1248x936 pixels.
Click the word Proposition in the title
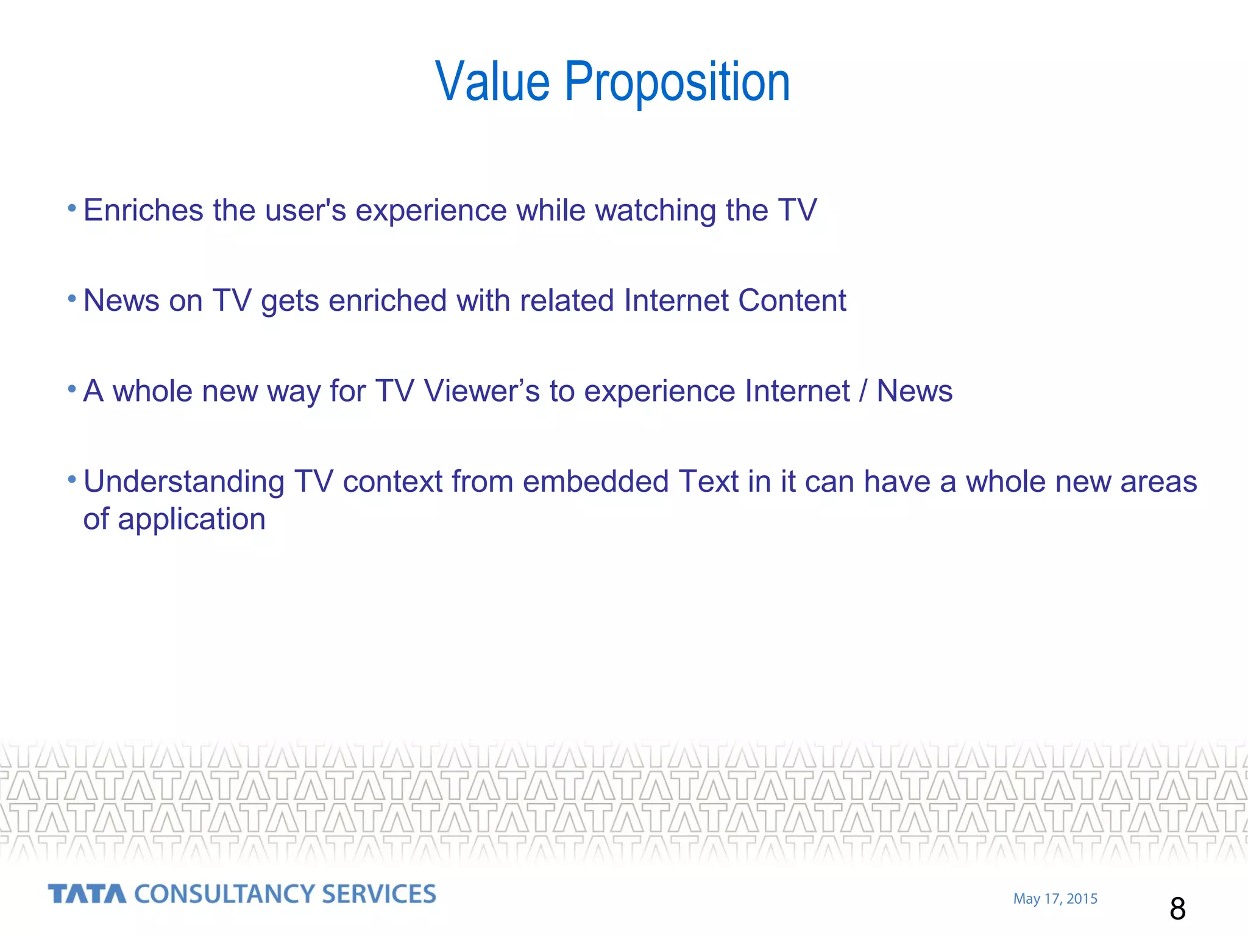[x=677, y=83]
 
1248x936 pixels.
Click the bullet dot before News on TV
[x=72, y=299]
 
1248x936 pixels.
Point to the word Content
[x=792, y=300]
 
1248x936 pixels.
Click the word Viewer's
[x=482, y=391]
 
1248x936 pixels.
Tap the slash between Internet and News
[x=862, y=391]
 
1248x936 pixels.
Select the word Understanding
[x=184, y=482]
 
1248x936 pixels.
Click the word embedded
[x=595, y=481]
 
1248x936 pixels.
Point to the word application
[x=191, y=520]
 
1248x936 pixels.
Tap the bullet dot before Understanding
[x=72, y=480]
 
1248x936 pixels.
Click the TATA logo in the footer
[x=87, y=894]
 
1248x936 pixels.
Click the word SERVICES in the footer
[x=378, y=894]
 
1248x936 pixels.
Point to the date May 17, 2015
[x=1055, y=899]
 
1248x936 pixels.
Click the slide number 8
[x=1177, y=909]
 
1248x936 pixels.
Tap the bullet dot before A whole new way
[x=72, y=389]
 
